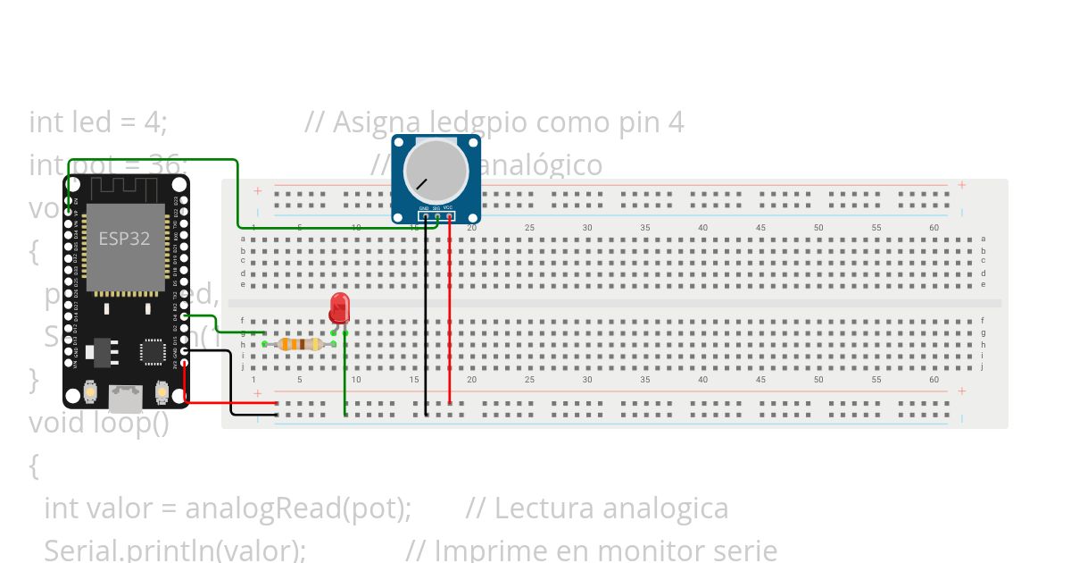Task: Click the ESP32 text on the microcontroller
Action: pyautogui.click(x=124, y=239)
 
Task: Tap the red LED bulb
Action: pyautogui.click(x=339, y=307)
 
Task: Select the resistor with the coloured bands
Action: pyautogui.click(x=299, y=344)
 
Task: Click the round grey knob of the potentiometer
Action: pyautogui.click(x=436, y=171)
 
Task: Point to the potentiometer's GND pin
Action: pyautogui.click(x=426, y=215)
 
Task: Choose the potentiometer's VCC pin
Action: pyautogui.click(x=449, y=215)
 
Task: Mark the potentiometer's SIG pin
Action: pyautogui.click(x=437, y=215)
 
